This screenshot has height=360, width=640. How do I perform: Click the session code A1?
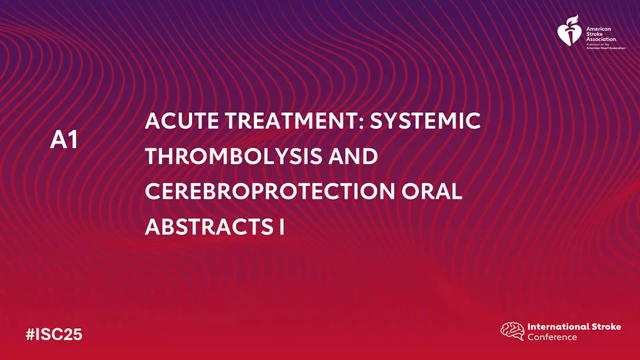(x=64, y=139)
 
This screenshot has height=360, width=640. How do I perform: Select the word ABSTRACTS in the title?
(x=209, y=227)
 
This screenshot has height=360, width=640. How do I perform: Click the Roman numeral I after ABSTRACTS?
(x=282, y=227)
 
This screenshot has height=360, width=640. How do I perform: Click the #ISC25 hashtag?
(x=54, y=334)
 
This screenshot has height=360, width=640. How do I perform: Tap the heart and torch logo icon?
(x=570, y=30)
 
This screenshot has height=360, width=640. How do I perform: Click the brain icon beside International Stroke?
(x=512, y=331)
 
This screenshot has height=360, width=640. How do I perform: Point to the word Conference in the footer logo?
(x=552, y=337)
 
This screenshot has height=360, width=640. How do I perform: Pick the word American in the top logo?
(x=599, y=29)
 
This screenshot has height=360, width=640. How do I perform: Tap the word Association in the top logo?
(x=602, y=39)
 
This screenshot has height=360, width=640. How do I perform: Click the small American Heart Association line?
(x=606, y=48)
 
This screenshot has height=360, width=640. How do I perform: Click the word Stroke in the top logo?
(x=594, y=34)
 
